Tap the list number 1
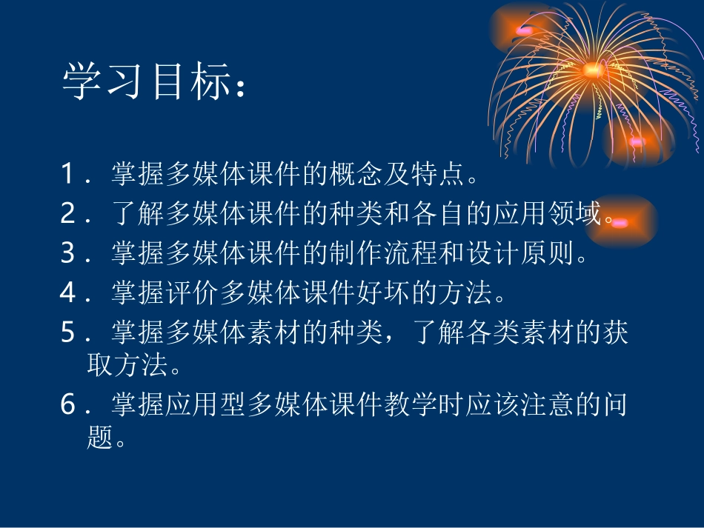pyautogui.click(x=68, y=175)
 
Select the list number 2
pyautogui.click(x=68, y=215)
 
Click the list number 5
pyautogui.click(x=68, y=333)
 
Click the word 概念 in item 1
pyautogui.click(x=359, y=175)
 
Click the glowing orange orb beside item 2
pyautogui.click(x=621, y=221)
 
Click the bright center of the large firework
pyautogui.click(x=592, y=70)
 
